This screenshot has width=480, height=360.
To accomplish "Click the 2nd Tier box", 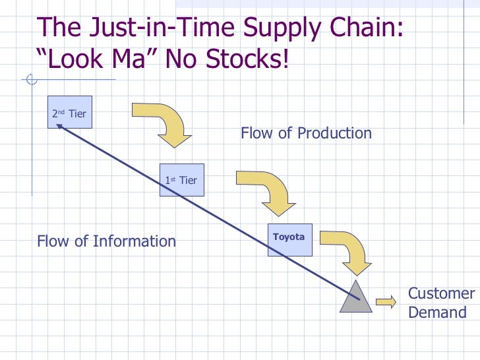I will point(69,113).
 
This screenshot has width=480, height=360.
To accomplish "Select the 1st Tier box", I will point(181,179).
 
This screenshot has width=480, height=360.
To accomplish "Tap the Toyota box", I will point(289,239).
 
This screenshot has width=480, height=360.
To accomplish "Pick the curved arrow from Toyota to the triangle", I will point(347,251).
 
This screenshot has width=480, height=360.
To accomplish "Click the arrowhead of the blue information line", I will point(60,129).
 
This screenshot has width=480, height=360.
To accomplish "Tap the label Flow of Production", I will point(306,133).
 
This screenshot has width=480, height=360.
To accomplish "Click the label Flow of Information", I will point(106,241).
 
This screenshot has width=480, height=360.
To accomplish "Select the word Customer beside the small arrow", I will point(441,293).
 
